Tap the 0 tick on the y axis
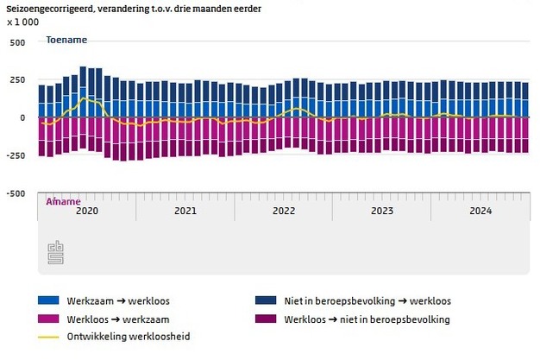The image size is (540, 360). point(23,117)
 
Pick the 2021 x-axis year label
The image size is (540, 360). point(185,210)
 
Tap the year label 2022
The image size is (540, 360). point(284,210)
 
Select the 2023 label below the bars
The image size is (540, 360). point(382,210)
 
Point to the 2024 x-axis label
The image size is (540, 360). point(480,210)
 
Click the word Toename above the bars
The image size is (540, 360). point(66,40)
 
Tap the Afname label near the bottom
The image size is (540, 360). point(63,200)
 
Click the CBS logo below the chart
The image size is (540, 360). point(55,250)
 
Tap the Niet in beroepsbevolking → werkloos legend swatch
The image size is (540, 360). point(265,301)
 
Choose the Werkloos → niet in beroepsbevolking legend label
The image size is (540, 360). point(367,319)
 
